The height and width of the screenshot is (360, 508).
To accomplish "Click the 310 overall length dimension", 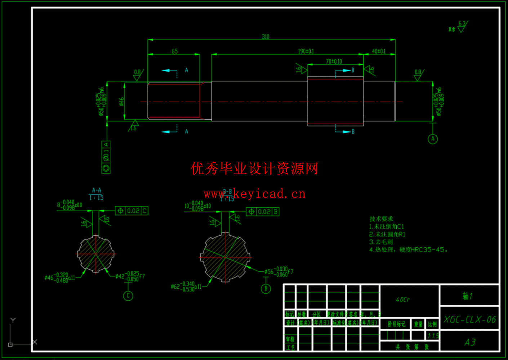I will pyautogui.click(x=266, y=37).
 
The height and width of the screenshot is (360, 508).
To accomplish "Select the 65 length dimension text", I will pyautogui.click(x=174, y=51).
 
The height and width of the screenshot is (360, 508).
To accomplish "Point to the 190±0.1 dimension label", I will pyautogui.click(x=306, y=51).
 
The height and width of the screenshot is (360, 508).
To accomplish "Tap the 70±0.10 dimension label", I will pyautogui.click(x=334, y=62).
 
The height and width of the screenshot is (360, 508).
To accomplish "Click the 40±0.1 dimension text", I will pyautogui.click(x=379, y=51).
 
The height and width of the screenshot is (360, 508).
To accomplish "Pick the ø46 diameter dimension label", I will pyautogui.click(x=121, y=102).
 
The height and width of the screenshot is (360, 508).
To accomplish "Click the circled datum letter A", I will pyautogui.click(x=433, y=139).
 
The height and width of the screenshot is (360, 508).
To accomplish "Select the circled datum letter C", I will pyautogui.click(x=128, y=296).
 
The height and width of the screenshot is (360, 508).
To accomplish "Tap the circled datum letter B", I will pyautogui.click(x=266, y=288).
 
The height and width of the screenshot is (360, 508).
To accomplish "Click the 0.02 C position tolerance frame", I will pyautogui.click(x=132, y=211).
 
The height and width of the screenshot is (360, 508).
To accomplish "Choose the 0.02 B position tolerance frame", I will pyautogui.click(x=263, y=212).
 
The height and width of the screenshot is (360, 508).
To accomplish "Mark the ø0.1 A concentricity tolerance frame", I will pyautogui.click(x=106, y=157).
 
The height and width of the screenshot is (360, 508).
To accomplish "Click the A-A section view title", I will pyautogui.click(x=97, y=190).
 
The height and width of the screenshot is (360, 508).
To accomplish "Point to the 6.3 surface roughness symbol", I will pyautogui.click(x=462, y=26).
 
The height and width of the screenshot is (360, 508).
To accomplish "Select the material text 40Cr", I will pyautogui.click(x=403, y=300).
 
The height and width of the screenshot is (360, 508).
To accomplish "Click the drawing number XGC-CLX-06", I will pyautogui.click(x=469, y=319).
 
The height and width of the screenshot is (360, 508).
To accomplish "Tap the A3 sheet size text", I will pyautogui.click(x=470, y=342).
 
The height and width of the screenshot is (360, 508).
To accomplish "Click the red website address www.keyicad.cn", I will pyautogui.click(x=254, y=194).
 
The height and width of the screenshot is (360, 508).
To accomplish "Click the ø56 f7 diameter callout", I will pyautogui.click(x=278, y=272).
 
